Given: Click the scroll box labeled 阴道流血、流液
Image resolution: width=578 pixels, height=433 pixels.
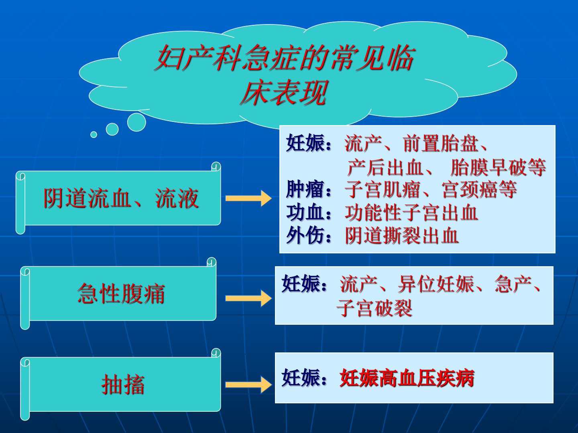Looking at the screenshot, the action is click(x=118, y=198).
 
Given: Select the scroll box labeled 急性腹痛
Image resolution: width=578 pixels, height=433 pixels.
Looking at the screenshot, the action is click(x=118, y=293).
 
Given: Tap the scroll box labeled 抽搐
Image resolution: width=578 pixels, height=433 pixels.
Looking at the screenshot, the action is click(x=120, y=384).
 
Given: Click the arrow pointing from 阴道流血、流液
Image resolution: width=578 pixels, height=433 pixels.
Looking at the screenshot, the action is click(x=248, y=198).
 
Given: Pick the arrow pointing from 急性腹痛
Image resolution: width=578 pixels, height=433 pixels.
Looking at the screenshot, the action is click(x=248, y=298).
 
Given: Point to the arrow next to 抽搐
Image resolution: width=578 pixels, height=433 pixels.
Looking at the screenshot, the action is click(x=248, y=384).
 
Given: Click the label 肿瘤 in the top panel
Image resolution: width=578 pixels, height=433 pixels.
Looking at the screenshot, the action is click(x=305, y=189).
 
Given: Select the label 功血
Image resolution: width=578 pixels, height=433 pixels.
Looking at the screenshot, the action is click(x=305, y=212).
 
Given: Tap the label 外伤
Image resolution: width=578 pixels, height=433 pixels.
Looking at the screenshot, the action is click(x=305, y=236).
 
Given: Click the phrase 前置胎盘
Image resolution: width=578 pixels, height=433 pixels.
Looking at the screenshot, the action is click(x=441, y=144).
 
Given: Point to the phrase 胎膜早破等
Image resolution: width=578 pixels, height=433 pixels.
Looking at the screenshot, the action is click(x=498, y=167).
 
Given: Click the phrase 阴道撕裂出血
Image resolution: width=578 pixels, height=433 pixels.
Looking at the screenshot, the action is click(x=402, y=236).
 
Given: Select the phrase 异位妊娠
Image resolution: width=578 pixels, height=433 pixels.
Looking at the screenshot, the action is click(x=436, y=284).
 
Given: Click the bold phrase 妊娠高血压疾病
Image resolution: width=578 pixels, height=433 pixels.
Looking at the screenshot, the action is click(x=407, y=378).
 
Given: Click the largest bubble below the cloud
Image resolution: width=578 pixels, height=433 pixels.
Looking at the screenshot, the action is click(x=136, y=122).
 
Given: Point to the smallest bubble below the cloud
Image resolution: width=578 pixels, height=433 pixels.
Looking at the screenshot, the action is click(x=94, y=135).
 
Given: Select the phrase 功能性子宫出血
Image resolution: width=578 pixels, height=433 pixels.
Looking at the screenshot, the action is click(x=411, y=212).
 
